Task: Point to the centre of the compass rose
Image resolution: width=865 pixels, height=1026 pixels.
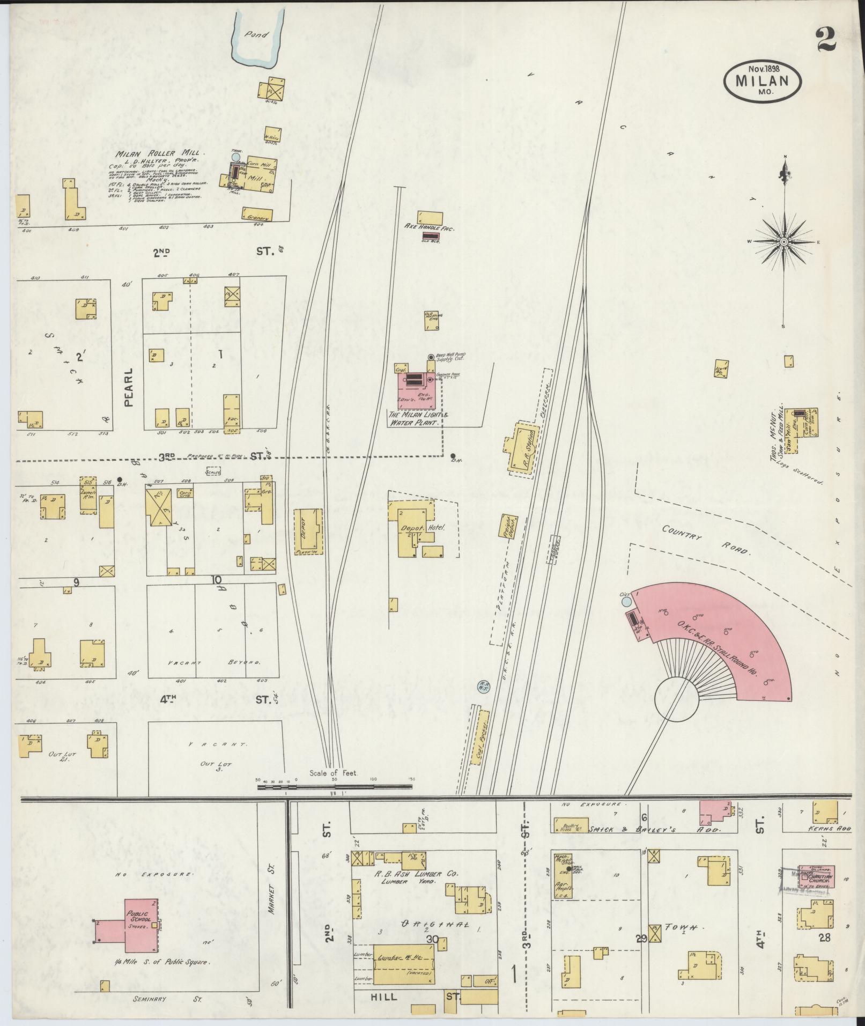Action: [x=784, y=242]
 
